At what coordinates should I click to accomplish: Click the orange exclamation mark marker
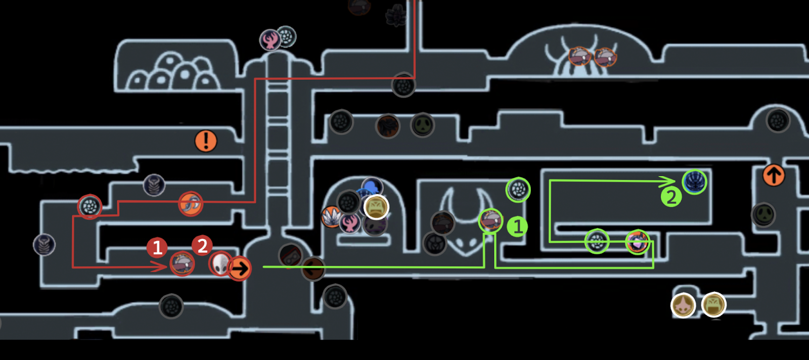[x=206, y=141]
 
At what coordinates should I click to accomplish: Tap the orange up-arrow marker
[x=774, y=175]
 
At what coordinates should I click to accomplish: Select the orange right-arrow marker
[x=239, y=268]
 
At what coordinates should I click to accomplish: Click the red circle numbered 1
[x=157, y=247]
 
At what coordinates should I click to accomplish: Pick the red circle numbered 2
[x=202, y=246]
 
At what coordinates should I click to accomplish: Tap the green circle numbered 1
[x=517, y=226]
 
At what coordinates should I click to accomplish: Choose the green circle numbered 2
[x=671, y=196]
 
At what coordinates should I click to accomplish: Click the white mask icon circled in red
[x=220, y=263]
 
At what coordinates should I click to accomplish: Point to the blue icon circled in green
[x=695, y=182]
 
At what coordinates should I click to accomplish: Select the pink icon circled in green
[x=637, y=241]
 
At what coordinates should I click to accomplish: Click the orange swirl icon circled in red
[x=191, y=203]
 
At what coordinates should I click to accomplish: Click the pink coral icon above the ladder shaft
[x=270, y=40]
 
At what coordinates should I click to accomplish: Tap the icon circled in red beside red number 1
[x=182, y=263]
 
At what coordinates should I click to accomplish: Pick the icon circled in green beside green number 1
[x=490, y=220]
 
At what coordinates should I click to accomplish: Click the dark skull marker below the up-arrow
[x=763, y=214]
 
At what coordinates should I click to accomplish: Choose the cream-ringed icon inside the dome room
[x=376, y=207]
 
